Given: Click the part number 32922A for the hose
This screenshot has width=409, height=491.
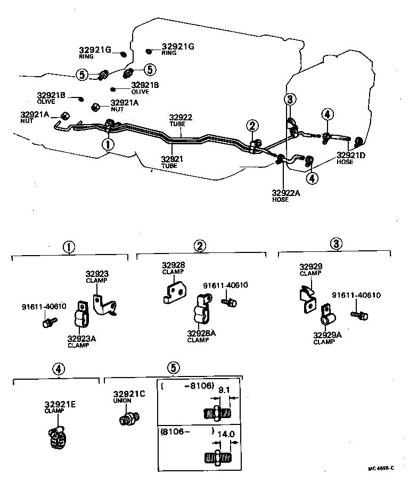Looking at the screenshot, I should pos(287,193).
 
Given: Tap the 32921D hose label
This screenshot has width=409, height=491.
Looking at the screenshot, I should pos(351,155).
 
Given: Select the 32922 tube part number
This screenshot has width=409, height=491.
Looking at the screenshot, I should pos(181,118).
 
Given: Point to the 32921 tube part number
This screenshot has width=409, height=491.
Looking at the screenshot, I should pos(171,159).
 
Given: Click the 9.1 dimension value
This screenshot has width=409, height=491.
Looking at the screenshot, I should pos(224,389).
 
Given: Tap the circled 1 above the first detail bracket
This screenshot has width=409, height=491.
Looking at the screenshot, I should pos(69,247).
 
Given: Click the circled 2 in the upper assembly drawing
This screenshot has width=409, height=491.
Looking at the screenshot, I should pos(252,126).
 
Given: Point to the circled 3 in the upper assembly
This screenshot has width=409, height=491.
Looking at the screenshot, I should pos(289,99).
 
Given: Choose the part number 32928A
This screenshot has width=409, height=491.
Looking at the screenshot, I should pos(201,333).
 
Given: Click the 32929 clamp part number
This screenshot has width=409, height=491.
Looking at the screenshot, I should pos(311,267).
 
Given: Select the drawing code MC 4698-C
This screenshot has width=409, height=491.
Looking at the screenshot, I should pos(381,469).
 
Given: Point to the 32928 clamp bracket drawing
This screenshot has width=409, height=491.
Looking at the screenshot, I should pos(174,291).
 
